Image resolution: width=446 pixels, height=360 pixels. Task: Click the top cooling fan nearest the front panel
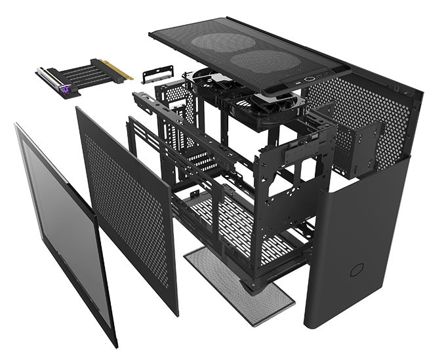coord(262,106)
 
